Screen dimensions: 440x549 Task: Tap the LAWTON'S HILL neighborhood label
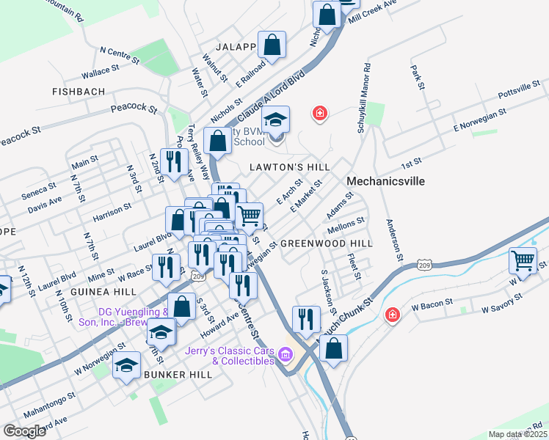(x=290, y=167)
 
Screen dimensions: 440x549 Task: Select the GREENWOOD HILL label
(x=327, y=243)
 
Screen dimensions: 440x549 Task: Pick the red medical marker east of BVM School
(x=319, y=113)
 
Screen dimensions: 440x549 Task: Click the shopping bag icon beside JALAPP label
(x=272, y=45)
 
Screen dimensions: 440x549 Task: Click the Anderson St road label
(x=393, y=240)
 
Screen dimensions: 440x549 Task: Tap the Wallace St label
(x=101, y=70)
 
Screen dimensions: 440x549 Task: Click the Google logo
(x=24, y=431)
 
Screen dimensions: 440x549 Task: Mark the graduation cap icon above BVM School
(x=276, y=120)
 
